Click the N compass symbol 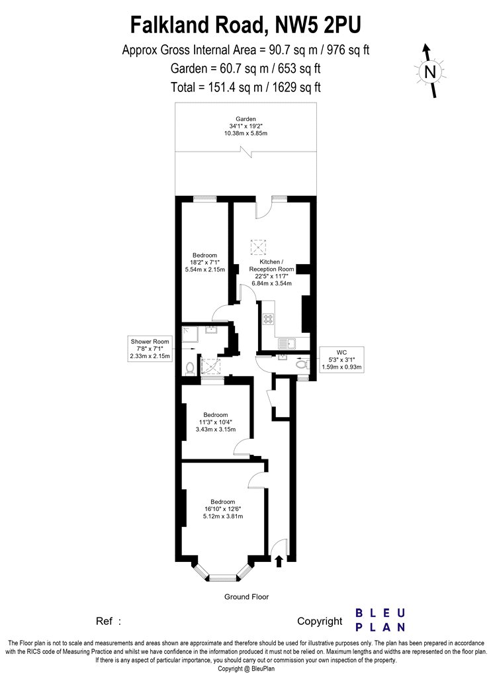[x=430, y=71]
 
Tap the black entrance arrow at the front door [x=279, y=561]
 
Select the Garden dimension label [x=246, y=126]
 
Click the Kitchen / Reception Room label [x=271, y=273]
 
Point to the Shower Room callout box [x=150, y=348]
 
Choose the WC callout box [x=341, y=359]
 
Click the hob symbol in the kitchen [x=269, y=319]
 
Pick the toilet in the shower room [x=190, y=368]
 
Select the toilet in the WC [x=302, y=365]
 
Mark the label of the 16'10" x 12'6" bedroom [x=223, y=509]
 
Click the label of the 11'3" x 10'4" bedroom [x=215, y=422]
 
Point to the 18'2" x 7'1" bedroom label [x=204, y=262]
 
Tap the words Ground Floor [x=246, y=596]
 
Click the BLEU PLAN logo [x=380, y=620]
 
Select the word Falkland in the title [x=168, y=25]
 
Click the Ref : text [x=109, y=621]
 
